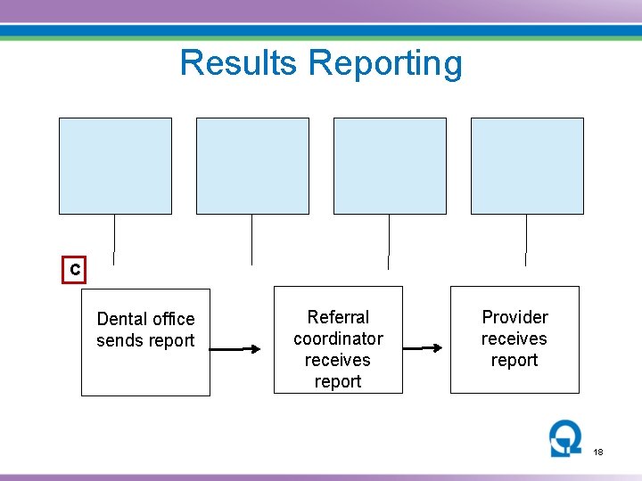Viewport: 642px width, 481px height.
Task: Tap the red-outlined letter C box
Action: click(75, 270)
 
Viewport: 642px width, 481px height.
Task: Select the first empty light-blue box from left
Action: click(115, 166)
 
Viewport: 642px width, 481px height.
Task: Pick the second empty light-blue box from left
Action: click(252, 166)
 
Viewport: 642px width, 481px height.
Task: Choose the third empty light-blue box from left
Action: click(390, 166)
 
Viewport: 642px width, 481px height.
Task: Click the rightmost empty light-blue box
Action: click(527, 166)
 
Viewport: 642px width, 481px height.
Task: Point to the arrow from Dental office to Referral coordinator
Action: click(241, 349)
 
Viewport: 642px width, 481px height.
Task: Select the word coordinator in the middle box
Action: click(338, 338)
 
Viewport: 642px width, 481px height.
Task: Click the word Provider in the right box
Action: click(514, 317)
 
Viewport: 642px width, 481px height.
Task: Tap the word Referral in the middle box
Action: click(338, 317)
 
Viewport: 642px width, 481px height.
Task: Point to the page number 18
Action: click(598, 452)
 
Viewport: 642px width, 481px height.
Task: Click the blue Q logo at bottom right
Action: click(565, 438)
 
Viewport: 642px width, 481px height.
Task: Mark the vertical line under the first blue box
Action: click(115, 234)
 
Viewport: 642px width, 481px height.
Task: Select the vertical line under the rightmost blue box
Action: click(526, 235)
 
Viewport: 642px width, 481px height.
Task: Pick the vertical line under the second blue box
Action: click(252, 239)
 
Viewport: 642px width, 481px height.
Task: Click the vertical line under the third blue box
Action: click(389, 239)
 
